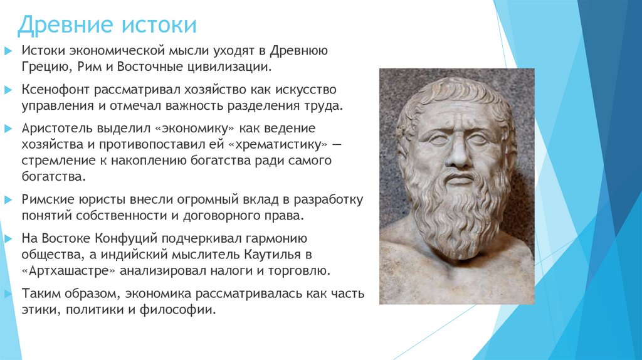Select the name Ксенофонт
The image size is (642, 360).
(x=55, y=89)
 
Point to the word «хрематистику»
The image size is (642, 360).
(x=278, y=144)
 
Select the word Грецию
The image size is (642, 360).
(x=41, y=66)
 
